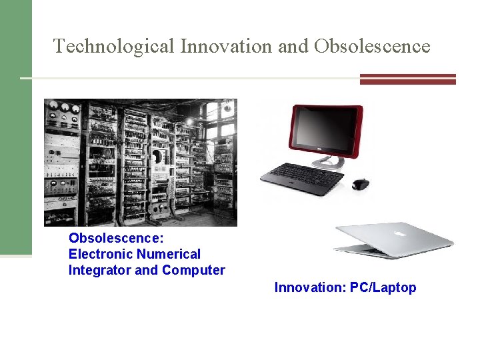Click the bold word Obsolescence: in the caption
116,238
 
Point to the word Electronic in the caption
100,254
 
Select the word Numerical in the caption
168,254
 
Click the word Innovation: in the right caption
310,287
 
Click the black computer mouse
360,184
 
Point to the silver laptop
393,240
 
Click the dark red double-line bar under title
407,79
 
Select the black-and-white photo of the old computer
140,163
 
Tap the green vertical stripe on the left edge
15,127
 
